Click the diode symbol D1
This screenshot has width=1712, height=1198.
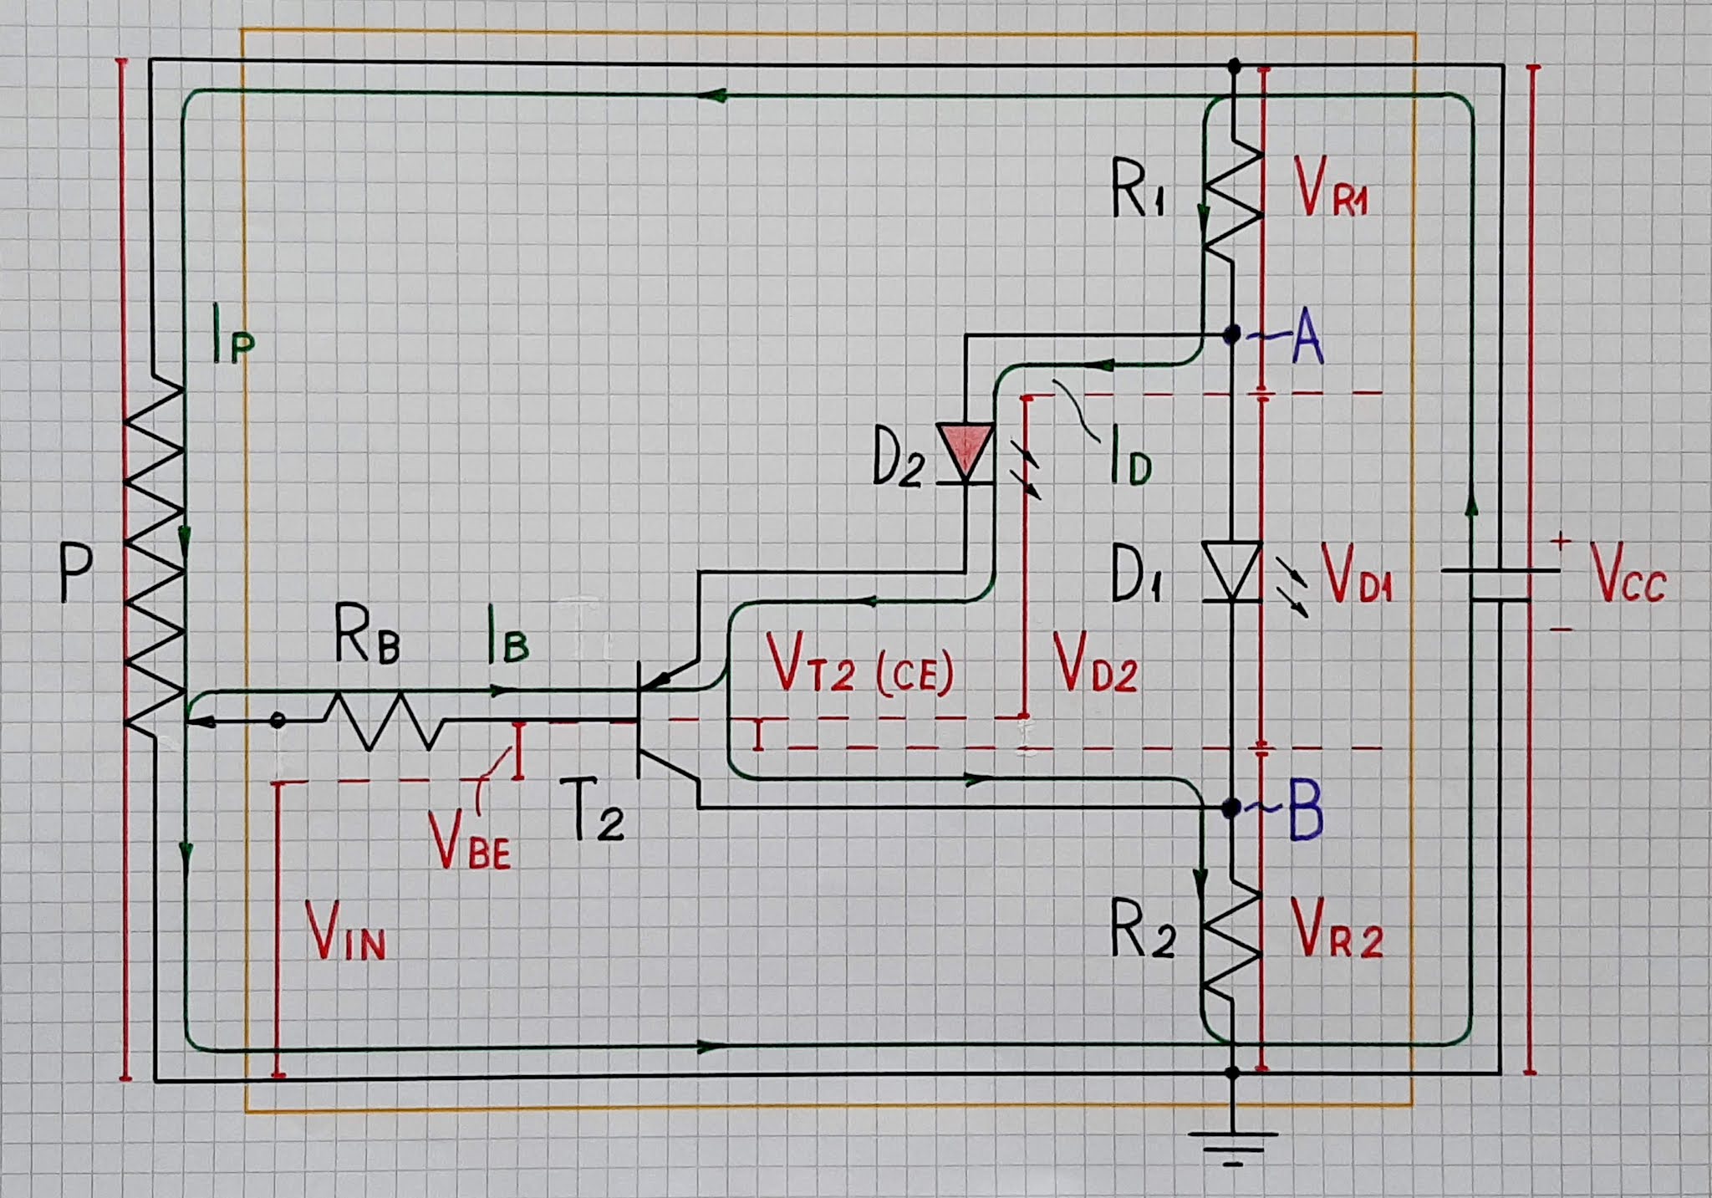1231,570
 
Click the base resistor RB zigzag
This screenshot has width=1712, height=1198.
383,719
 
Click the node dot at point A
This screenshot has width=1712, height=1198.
1231,335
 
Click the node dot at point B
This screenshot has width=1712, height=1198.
1230,808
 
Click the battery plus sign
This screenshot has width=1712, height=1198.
1560,542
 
